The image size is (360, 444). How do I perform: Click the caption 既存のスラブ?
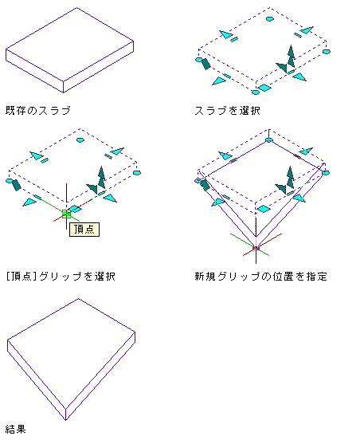(38, 111)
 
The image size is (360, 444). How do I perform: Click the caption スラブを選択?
(227, 111)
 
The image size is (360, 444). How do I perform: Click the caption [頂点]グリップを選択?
(61, 276)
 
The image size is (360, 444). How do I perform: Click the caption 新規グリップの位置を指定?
(260, 276)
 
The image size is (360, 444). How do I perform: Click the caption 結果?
(16, 430)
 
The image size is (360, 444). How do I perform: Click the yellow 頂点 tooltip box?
(84, 230)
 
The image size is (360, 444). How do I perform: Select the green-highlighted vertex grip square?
(66, 214)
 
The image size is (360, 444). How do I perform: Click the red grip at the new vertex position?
(256, 248)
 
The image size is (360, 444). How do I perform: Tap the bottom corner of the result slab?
(65, 420)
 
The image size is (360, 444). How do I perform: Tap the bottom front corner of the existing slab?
(63, 92)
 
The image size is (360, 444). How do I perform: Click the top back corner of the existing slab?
(77, 8)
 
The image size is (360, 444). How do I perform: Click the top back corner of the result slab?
(78, 299)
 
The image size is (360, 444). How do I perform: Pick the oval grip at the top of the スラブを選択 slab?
(270, 19)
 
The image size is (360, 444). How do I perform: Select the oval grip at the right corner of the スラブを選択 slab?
(327, 52)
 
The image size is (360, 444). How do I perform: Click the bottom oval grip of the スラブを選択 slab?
(256, 92)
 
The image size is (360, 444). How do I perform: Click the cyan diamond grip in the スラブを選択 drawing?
(264, 88)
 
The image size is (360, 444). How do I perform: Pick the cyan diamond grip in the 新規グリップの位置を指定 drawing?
(264, 209)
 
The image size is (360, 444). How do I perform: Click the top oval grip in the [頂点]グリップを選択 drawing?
(80, 139)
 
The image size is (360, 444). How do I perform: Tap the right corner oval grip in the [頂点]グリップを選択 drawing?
(137, 173)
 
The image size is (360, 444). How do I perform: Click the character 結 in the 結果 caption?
(10, 430)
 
